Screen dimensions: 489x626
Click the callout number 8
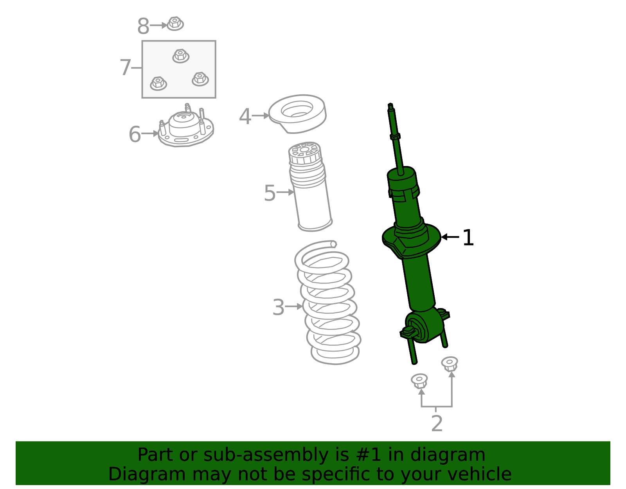[x=143, y=27]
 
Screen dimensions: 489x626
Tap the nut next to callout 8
[x=175, y=24]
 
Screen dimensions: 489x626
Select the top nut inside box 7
[x=181, y=56]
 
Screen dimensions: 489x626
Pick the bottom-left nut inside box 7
[x=158, y=83]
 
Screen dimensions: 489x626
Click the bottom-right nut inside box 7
[x=200, y=79]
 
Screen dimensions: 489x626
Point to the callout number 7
[x=125, y=68]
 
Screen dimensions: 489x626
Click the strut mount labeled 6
[x=186, y=129]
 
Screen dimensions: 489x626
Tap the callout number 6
[x=135, y=134]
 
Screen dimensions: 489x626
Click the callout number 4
[x=245, y=117]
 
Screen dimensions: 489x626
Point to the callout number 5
[x=270, y=193]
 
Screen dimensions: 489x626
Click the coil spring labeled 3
[x=329, y=303]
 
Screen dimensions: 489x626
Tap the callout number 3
[x=278, y=307]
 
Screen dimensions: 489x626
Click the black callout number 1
[x=468, y=238]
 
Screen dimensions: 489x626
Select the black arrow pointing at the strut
[x=450, y=237]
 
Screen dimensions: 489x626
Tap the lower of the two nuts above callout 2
[x=419, y=381]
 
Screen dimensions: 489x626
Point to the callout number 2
[x=437, y=424]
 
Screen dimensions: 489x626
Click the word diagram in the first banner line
[x=456, y=455]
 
